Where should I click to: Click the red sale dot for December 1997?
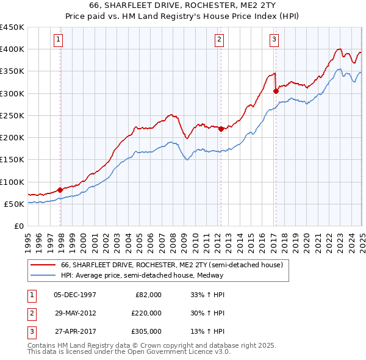pos(60,189)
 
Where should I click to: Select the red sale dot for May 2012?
pos(221,128)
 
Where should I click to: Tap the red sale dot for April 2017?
pos(276,91)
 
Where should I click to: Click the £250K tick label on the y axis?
pos(12,115)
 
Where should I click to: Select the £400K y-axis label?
pos(12,49)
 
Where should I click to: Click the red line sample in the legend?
pos(43,265)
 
